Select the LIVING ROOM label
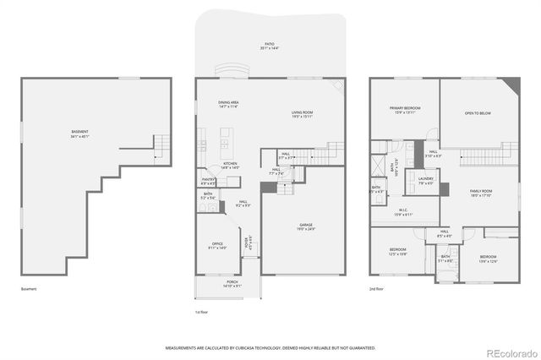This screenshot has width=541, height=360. point(303,112)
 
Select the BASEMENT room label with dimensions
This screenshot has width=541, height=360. point(80,133)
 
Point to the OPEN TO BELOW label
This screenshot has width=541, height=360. point(478,113)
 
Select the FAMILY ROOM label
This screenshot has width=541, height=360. point(481,194)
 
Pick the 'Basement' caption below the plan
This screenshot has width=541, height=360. point(30,289)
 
